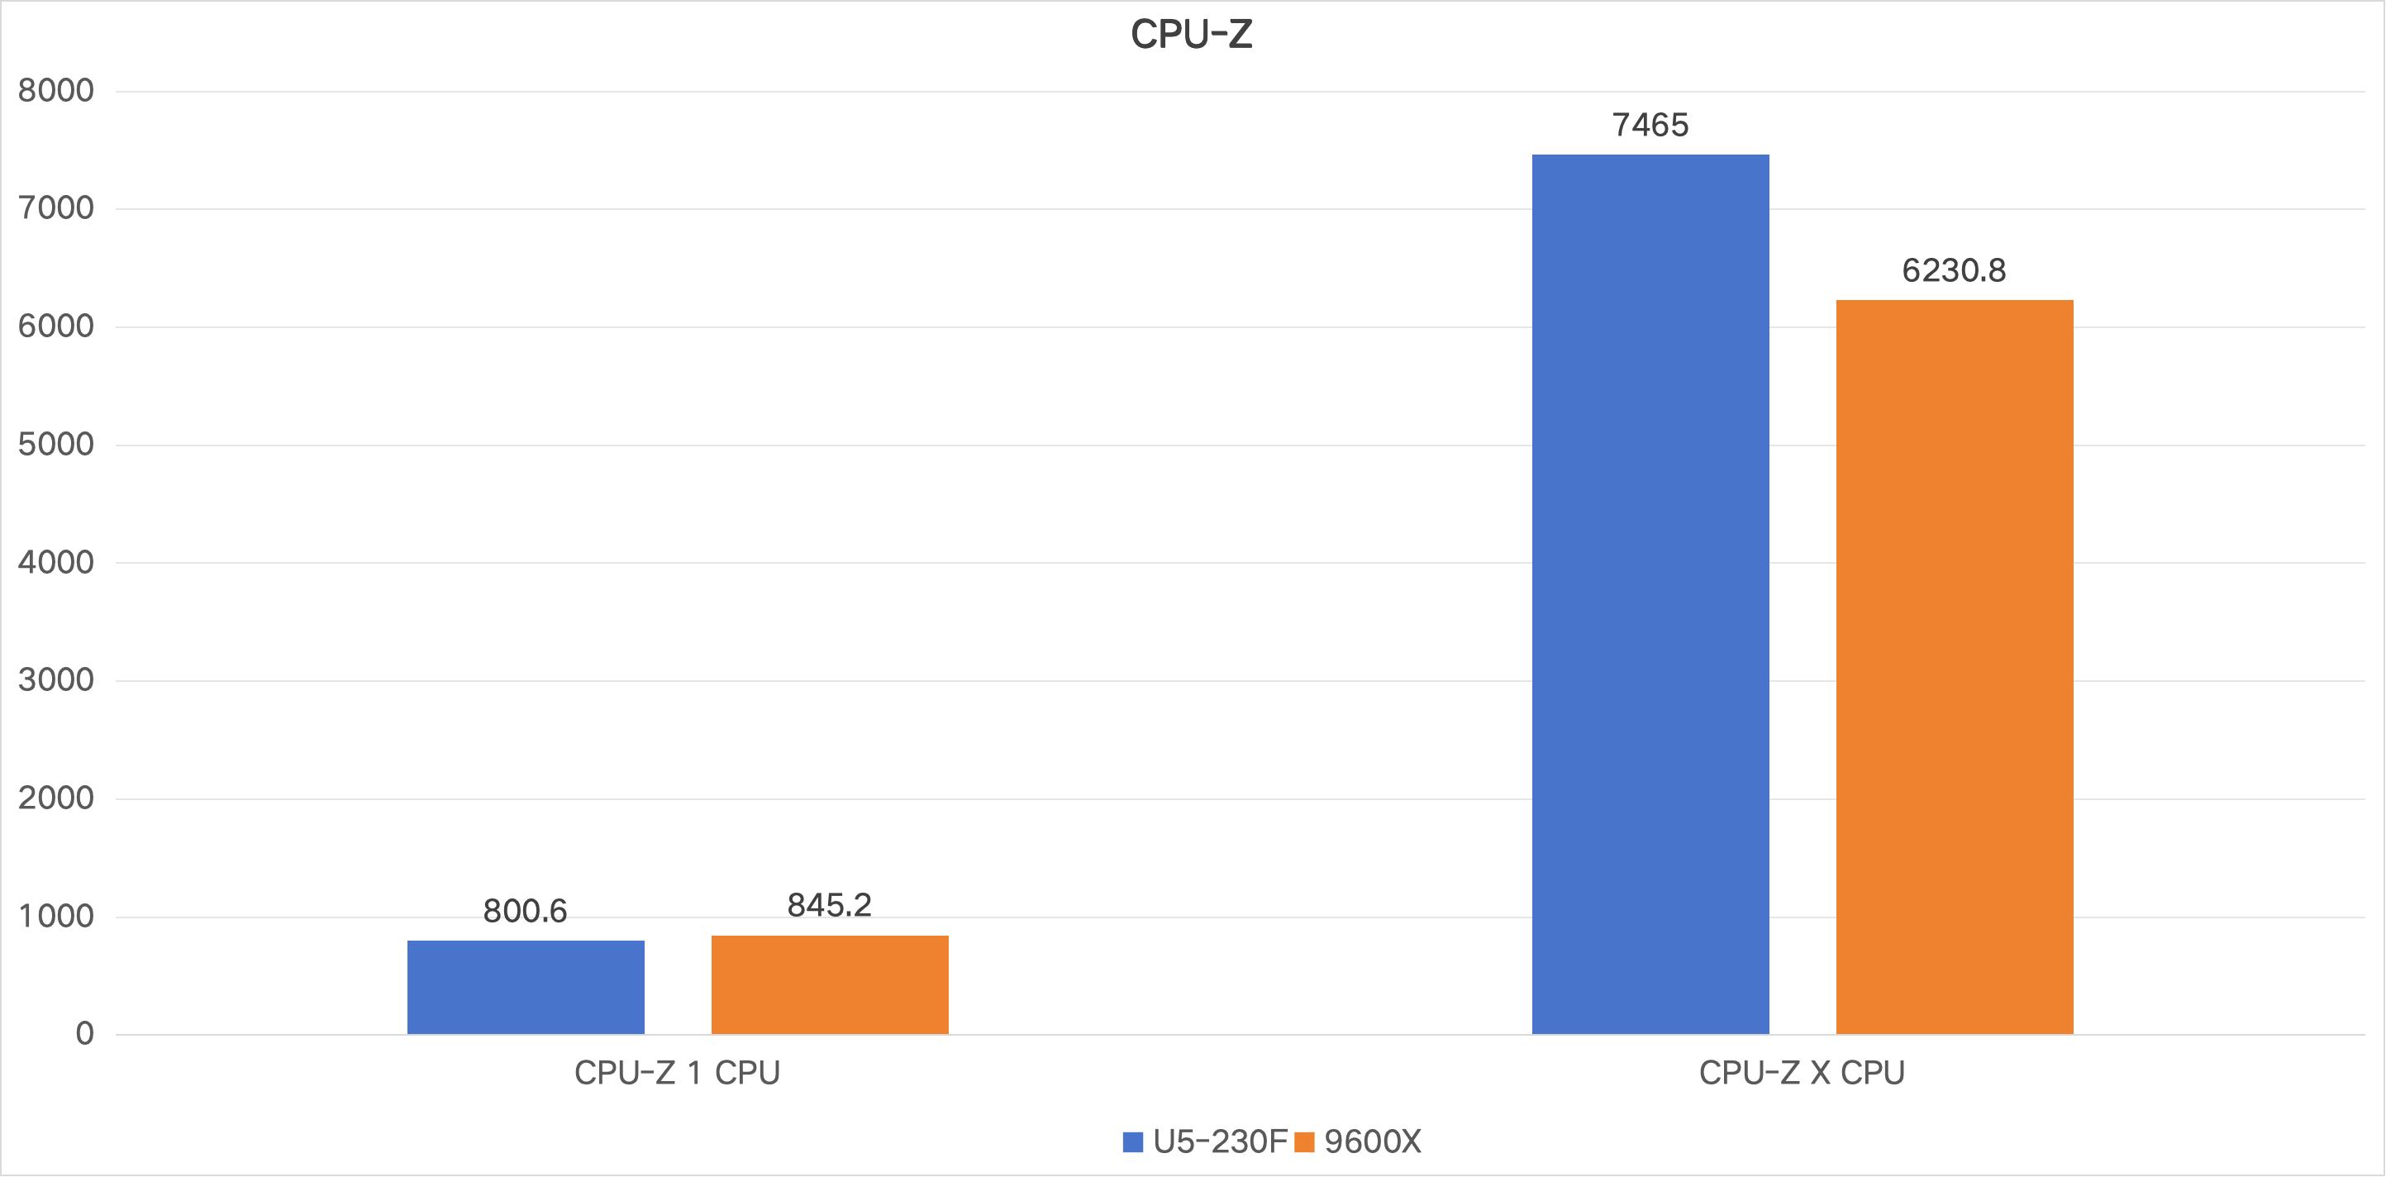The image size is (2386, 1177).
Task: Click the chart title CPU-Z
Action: click(1191, 36)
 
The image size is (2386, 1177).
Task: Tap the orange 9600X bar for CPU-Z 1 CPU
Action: click(829, 984)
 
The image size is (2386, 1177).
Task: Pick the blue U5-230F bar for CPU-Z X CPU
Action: click(1650, 593)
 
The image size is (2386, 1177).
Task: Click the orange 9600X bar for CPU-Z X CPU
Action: click(1954, 667)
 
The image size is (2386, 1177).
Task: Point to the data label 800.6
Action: click(525, 911)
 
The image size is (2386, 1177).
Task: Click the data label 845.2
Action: click(829, 905)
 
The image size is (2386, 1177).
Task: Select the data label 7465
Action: click(1650, 125)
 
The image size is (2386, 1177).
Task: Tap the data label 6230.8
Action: click(1954, 270)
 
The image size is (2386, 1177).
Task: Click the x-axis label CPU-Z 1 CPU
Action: click(677, 1072)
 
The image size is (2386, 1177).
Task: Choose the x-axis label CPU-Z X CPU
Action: click(1802, 1072)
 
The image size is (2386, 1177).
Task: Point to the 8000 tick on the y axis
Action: click(55, 91)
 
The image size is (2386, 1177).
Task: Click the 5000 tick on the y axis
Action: click(55, 445)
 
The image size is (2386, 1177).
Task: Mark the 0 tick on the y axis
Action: click(84, 1033)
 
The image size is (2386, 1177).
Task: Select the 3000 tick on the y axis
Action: click(55, 680)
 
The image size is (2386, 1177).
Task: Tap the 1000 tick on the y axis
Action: click(55, 917)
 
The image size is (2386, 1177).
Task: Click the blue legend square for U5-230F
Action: click(1133, 1141)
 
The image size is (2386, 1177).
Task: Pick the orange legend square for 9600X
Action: click(1304, 1141)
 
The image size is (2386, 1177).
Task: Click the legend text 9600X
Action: click(1372, 1141)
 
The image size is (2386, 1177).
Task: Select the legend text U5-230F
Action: click(1219, 1141)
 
